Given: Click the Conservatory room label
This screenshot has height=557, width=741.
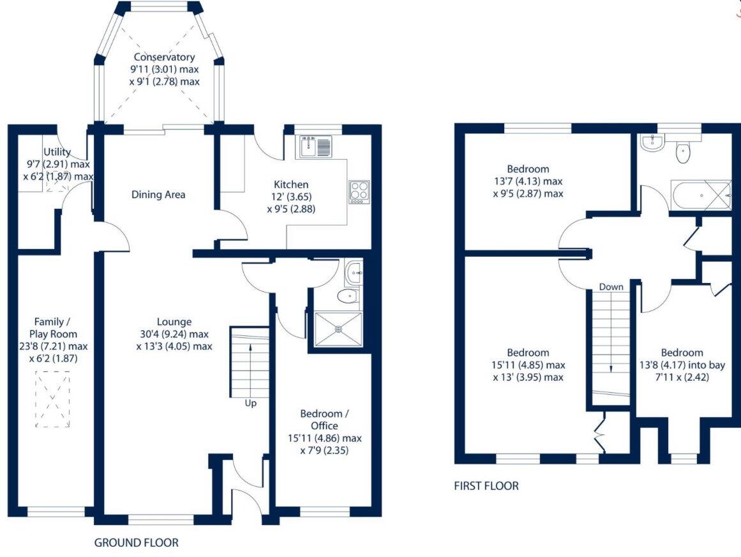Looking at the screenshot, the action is (164, 57).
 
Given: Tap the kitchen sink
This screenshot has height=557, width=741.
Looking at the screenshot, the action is (315, 146).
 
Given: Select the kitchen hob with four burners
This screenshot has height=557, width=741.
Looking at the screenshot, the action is (359, 192).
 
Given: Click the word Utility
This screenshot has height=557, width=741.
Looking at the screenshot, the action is (57, 152).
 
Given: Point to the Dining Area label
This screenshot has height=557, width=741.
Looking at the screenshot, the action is (158, 194).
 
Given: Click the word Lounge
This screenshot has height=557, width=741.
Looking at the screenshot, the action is (174, 322).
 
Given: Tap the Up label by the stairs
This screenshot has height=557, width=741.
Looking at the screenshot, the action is (250, 403).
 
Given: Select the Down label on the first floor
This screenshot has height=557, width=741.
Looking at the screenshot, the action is (611, 287).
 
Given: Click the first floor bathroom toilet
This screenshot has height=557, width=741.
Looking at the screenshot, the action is (682, 152).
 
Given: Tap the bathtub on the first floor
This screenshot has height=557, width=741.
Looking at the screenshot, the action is (701, 194).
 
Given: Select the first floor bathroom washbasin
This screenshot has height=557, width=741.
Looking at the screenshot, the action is (653, 143).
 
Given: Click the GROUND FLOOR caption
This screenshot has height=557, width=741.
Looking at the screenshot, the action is (137, 542).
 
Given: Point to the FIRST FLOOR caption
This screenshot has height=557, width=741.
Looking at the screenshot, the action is (486, 485).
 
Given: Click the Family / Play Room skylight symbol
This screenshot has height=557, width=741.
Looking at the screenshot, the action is (52, 400).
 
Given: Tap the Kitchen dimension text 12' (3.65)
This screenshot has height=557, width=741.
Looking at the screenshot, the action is (291, 197).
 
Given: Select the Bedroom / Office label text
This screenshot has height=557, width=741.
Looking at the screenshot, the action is (325, 420).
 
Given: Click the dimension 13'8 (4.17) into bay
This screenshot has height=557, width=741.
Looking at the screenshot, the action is (682, 365).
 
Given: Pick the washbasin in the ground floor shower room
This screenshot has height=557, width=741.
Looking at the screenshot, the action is (353, 273).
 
